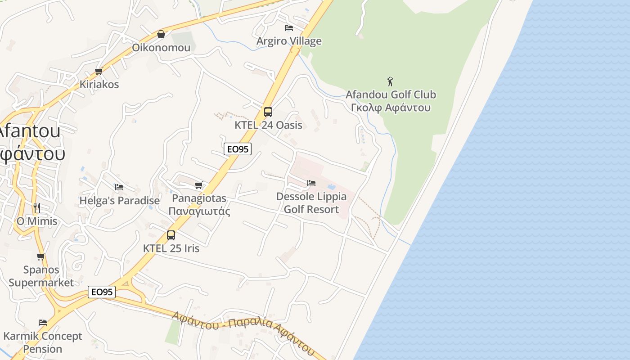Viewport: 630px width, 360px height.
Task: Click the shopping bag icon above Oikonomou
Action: pos(161,34)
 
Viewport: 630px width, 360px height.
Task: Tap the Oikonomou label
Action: pos(161,47)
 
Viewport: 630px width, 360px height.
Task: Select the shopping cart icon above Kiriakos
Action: pos(99,71)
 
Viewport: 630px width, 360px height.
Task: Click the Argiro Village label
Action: pos(289,41)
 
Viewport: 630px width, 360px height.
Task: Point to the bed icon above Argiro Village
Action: pos(289,28)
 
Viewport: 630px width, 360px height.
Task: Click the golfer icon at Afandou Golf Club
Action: pos(390,81)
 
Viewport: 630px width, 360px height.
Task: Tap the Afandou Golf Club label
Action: pos(391,101)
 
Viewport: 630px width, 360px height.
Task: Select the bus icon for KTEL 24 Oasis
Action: pos(268,112)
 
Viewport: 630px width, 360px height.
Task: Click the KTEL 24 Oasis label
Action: pos(268,125)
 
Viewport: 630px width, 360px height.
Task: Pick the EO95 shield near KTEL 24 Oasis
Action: pos(238,149)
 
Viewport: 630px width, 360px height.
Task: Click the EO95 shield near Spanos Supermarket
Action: pos(102,292)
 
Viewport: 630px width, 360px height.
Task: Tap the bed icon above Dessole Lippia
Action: pos(311,183)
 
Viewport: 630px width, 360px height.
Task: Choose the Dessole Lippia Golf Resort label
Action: pos(311,202)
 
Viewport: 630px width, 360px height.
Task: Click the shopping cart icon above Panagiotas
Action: pos(199,185)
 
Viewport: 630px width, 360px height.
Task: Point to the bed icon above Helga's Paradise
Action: pos(119,187)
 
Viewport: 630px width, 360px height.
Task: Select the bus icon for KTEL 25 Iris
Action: pos(171,235)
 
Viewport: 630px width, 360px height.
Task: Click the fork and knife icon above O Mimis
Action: pos(37,208)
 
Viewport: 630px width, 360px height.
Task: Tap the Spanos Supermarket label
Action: pos(41,276)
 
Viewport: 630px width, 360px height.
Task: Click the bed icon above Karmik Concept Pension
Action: pos(43,323)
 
